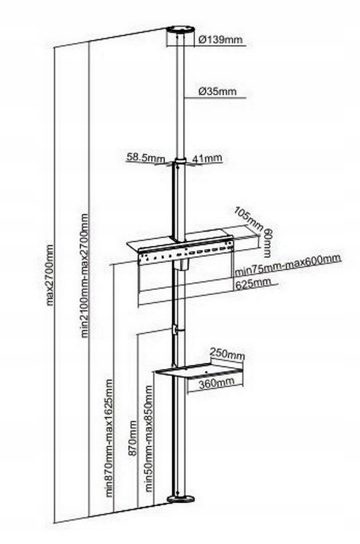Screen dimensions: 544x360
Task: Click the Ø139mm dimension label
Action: (x=218, y=40)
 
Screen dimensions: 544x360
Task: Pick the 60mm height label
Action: (x=267, y=239)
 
